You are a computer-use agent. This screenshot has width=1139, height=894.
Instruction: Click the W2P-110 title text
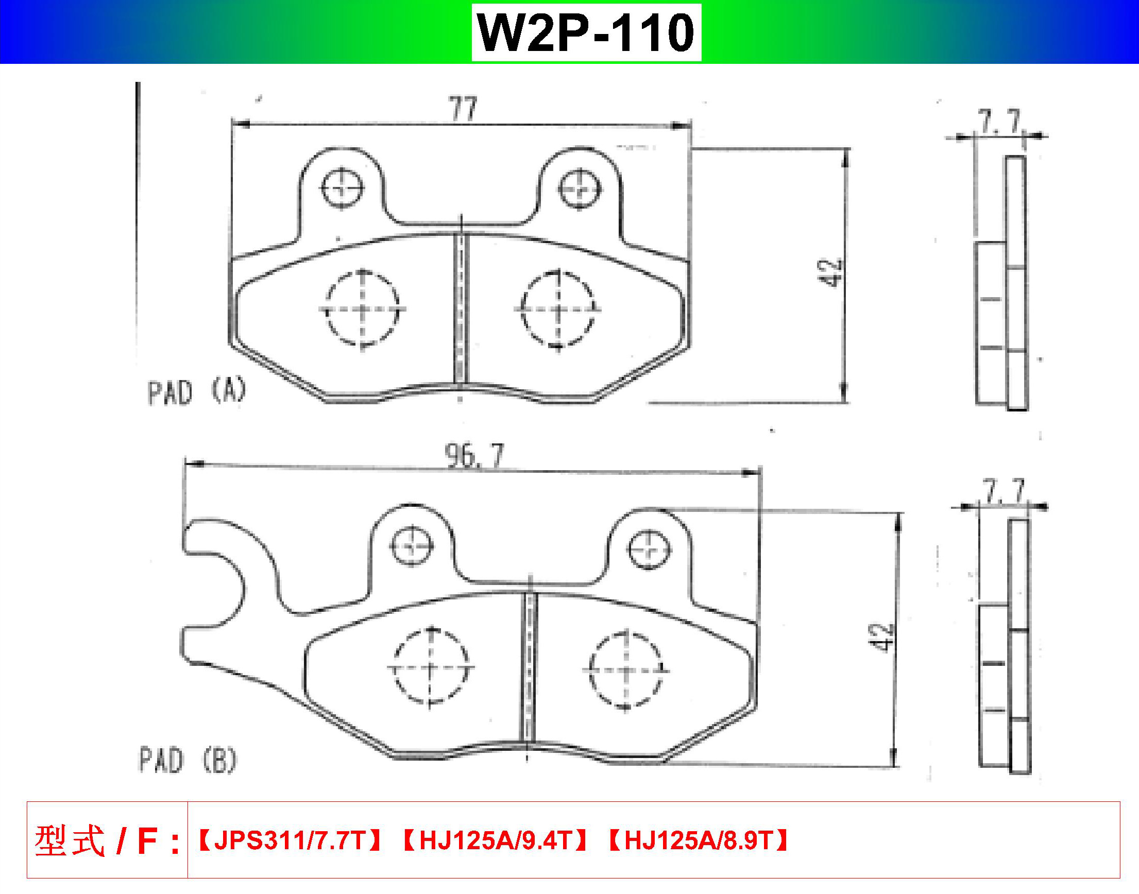(586, 32)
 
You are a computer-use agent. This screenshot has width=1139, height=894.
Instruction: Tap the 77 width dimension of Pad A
(463, 109)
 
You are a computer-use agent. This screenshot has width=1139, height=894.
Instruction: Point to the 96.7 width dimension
(474, 455)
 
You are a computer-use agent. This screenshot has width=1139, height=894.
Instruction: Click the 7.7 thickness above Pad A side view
(1000, 122)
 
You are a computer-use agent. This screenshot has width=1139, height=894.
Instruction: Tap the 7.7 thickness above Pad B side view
(1003, 491)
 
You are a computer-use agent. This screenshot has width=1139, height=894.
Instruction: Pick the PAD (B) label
(188, 760)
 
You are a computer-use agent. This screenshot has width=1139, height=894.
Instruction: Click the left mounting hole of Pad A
(342, 188)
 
